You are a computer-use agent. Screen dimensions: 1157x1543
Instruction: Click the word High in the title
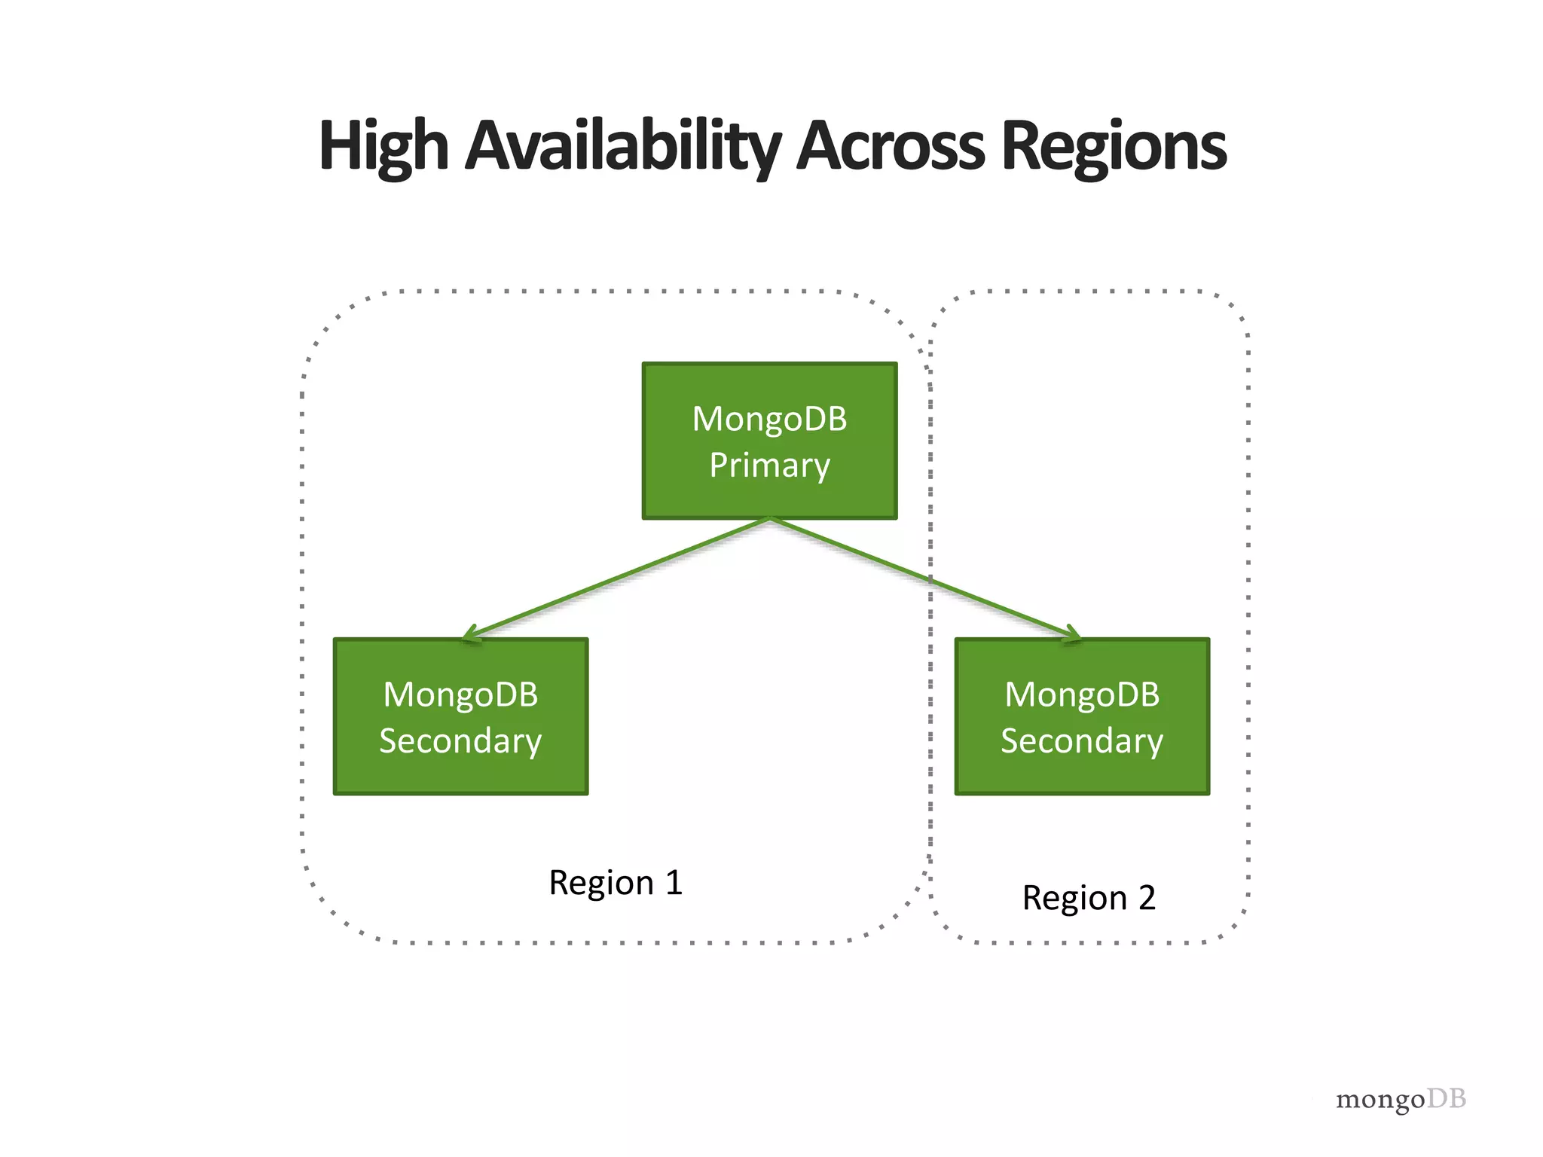point(383,147)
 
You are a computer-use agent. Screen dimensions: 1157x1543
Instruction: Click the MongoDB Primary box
point(769,441)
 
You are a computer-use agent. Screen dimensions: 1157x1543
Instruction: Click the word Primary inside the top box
point(769,466)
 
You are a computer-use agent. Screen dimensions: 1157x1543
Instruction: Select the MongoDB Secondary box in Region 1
point(460,716)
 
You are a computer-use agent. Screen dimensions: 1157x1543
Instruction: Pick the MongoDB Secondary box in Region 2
point(1082,716)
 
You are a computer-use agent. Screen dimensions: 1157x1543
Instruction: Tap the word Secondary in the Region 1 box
point(460,741)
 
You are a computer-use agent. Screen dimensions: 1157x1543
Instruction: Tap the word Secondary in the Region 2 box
point(1082,741)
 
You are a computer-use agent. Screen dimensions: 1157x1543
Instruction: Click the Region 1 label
point(616,883)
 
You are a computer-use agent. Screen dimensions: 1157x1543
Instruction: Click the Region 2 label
point(1089,898)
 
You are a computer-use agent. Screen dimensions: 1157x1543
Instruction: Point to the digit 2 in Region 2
point(1147,898)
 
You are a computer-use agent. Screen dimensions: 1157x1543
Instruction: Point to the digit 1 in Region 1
point(674,882)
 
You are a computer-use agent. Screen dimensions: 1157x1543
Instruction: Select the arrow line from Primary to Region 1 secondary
point(618,578)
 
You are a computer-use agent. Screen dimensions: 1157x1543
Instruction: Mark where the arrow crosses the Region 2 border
point(930,580)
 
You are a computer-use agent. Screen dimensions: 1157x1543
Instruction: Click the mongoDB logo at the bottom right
point(1401,1099)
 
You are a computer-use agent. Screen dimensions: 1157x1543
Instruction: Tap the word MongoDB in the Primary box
point(769,419)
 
